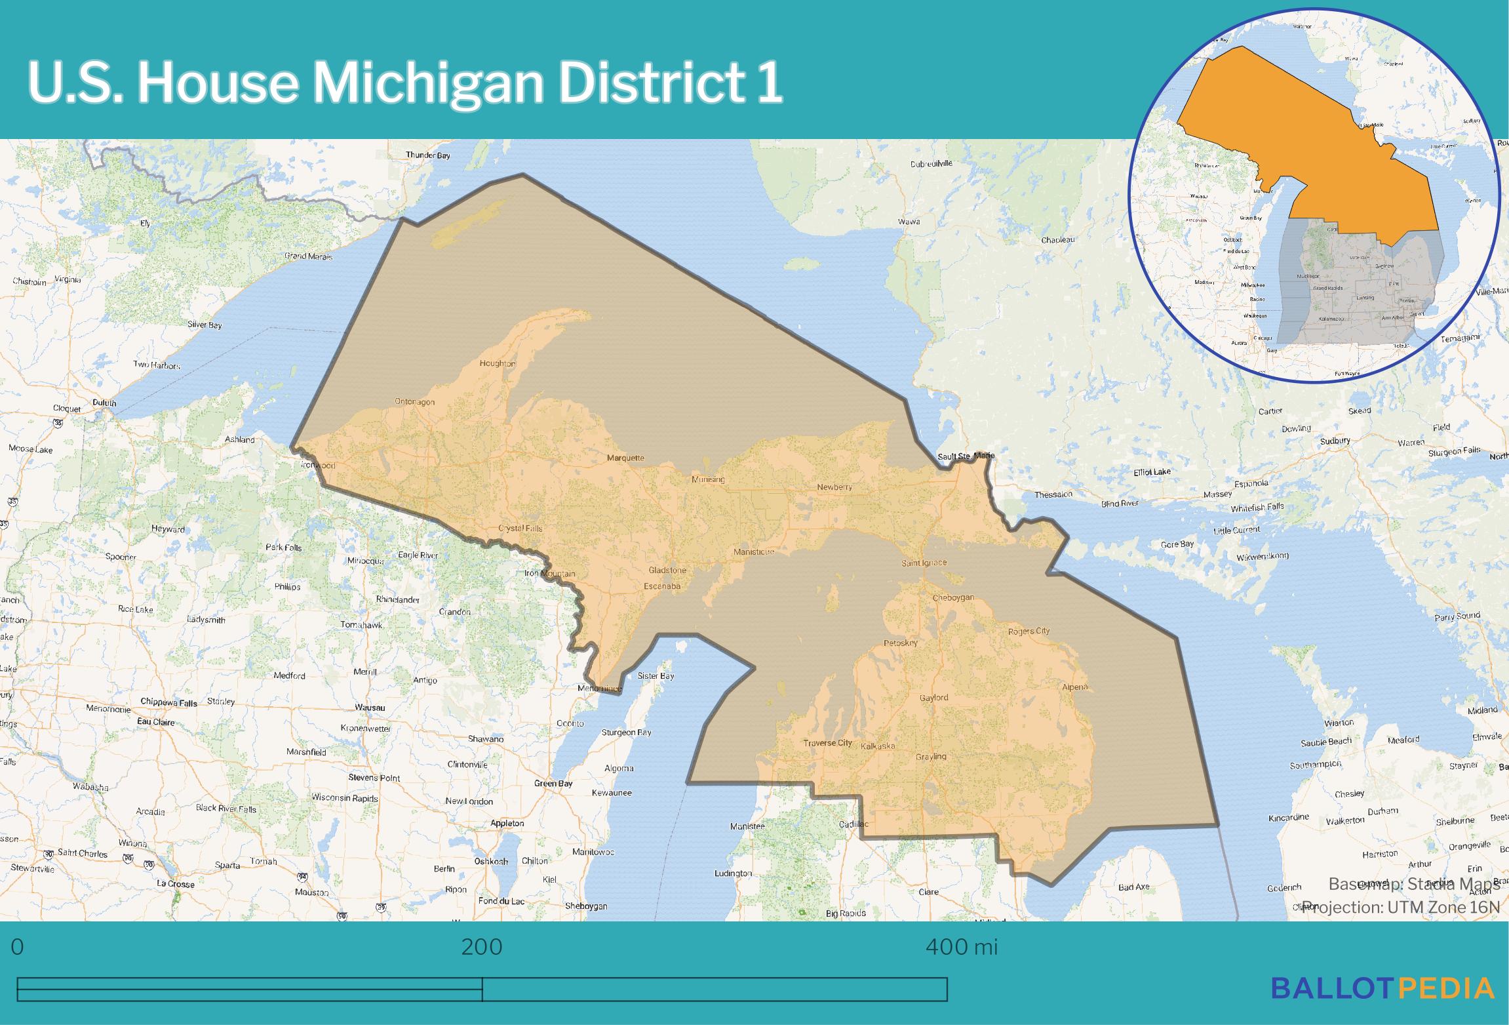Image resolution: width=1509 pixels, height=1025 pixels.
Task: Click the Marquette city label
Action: [625, 458]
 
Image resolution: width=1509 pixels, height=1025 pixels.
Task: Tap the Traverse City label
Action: [828, 743]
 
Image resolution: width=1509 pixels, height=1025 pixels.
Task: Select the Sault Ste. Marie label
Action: [966, 456]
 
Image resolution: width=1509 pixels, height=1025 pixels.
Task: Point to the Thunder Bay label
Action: [427, 155]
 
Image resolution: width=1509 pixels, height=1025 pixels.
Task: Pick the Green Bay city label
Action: [553, 783]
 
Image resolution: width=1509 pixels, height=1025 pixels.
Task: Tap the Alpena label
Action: [1075, 687]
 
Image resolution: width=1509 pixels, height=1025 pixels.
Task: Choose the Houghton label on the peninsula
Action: [497, 363]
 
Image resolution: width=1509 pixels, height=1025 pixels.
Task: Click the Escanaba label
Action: [662, 586]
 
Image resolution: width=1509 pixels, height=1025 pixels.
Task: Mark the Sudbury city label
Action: [1335, 441]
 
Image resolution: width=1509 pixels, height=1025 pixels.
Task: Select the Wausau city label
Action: [370, 708]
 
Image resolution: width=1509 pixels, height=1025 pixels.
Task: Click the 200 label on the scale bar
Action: [482, 947]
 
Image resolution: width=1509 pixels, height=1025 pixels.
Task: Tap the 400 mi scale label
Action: [962, 947]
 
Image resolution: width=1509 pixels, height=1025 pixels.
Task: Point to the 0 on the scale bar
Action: [18, 947]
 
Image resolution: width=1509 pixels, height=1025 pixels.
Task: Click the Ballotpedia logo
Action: [1382, 988]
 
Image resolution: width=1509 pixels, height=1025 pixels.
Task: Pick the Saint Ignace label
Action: [923, 563]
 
